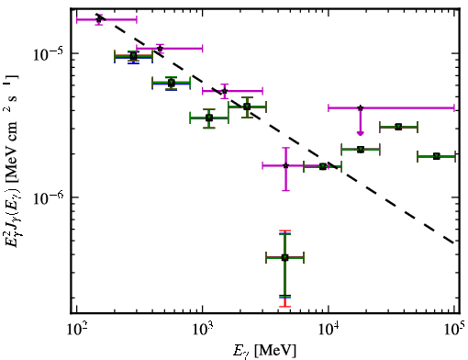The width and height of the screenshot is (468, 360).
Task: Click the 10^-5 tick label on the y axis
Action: pyautogui.click(x=47, y=54)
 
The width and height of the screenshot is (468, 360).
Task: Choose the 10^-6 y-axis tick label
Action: pyautogui.click(x=47, y=198)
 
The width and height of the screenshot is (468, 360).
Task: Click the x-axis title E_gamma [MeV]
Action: pyautogui.click(x=265, y=351)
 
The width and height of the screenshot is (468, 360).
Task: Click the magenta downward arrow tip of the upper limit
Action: pyautogui.click(x=361, y=134)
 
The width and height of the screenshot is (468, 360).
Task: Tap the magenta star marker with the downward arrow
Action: pyautogui.click(x=361, y=107)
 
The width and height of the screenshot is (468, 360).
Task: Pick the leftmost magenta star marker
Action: pyautogui.click(x=98, y=19)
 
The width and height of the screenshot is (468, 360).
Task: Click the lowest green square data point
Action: pyautogui.click(x=284, y=258)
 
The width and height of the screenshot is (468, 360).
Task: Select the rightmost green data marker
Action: pyautogui.click(x=437, y=156)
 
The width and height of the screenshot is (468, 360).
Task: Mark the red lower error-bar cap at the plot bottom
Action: pyautogui.click(x=284, y=306)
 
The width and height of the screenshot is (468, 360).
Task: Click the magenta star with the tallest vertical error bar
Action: pyautogui.click(x=285, y=165)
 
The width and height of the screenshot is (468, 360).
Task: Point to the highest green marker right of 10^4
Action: pyautogui.click(x=398, y=127)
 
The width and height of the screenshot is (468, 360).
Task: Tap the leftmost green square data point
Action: pyautogui.click(x=133, y=56)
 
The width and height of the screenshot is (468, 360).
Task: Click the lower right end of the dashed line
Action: pyautogui.click(x=454, y=242)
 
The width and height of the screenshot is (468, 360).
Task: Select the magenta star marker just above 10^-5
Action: pyautogui.click(x=160, y=49)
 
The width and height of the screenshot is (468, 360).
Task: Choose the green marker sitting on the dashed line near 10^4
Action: pyautogui.click(x=323, y=167)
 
